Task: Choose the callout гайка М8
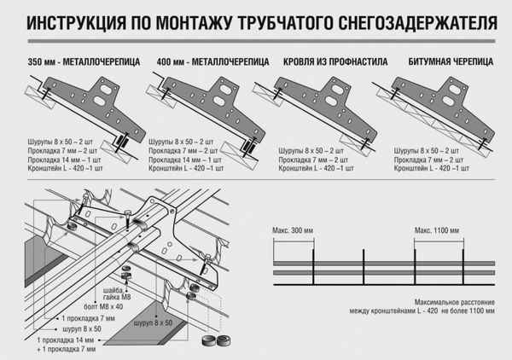[94, 298]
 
